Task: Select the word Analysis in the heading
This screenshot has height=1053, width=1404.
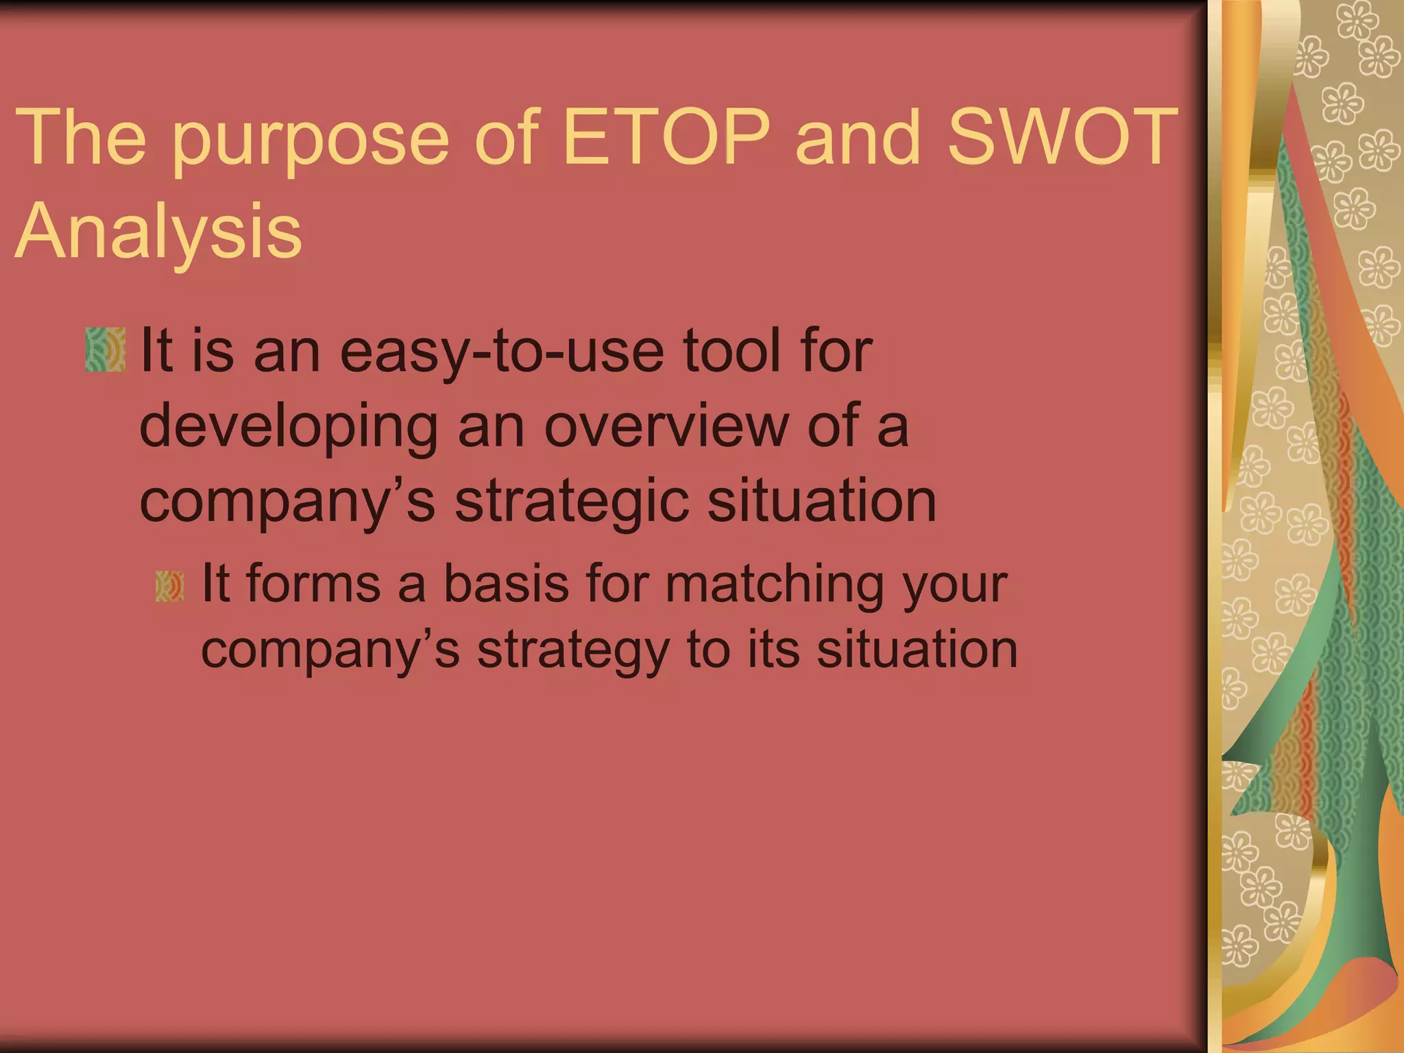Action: pyautogui.click(x=158, y=231)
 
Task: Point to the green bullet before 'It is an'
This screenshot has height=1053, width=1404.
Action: pyautogui.click(x=106, y=350)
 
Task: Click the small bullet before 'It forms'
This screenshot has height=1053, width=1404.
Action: pyautogui.click(x=169, y=587)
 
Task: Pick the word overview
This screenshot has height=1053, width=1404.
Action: pyautogui.click(x=666, y=426)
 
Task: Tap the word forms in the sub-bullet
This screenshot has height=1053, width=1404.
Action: pyautogui.click(x=313, y=584)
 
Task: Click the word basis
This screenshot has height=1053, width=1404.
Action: pyautogui.click(x=506, y=584)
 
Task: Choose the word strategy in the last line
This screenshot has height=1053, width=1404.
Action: pyautogui.click(x=573, y=652)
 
